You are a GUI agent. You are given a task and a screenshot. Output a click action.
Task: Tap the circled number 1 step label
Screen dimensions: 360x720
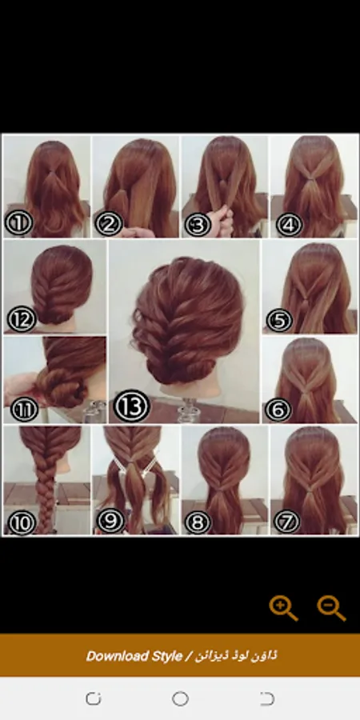[x=19, y=223]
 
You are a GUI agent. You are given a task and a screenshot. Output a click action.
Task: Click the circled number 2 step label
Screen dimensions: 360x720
[x=109, y=224]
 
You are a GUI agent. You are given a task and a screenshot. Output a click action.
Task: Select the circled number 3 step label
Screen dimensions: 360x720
[x=198, y=225]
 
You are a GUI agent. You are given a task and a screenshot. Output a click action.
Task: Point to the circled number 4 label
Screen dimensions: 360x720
[x=290, y=225]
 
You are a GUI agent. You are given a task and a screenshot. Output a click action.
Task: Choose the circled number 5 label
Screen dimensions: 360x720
[x=279, y=320]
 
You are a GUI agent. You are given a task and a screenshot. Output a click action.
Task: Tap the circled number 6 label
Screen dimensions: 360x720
[x=278, y=409]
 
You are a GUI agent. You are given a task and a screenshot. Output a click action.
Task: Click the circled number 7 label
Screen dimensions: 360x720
[x=286, y=521]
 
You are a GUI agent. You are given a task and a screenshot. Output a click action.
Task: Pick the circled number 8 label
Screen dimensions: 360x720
[x=198, y=522]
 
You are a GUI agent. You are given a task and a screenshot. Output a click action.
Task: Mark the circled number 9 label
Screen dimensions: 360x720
[x=110, y=520]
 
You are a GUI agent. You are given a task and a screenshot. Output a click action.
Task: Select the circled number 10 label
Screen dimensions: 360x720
[x=22, y=522]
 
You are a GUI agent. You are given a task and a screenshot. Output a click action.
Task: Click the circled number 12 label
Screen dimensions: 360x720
[x=22, y=318]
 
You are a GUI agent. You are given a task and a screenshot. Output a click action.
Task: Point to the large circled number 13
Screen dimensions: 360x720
[x=132, y=406]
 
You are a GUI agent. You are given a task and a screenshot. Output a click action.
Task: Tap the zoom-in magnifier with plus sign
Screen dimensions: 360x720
[x=283, y=609]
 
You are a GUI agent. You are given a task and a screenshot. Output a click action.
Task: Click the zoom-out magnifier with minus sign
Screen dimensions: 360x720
[x=331, y=609]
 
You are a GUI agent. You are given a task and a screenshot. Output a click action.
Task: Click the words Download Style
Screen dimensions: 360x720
[x=134, y=656]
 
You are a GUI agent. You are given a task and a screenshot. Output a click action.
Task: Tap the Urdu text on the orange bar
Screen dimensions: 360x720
[x=236, y=656]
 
